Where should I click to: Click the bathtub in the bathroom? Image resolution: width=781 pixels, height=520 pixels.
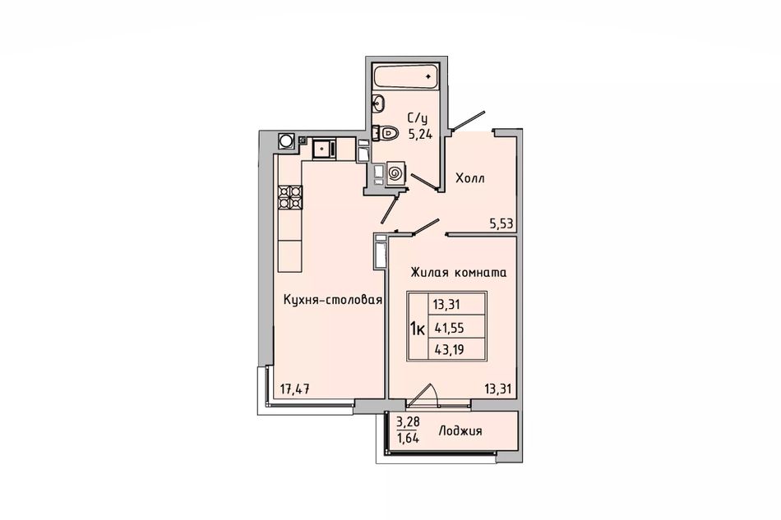tap(405, 76)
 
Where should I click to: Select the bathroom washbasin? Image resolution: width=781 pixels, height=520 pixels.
tap(377, 103)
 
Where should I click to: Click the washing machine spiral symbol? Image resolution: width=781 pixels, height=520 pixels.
tap(395, 173)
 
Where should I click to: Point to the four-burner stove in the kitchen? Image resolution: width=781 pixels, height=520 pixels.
tap(290, 196)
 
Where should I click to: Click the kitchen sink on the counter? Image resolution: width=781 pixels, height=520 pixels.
tap(324, 148)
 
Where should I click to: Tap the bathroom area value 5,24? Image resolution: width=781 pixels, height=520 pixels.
tap(420, 134)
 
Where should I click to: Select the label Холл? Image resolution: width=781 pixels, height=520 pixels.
tap(469, 178)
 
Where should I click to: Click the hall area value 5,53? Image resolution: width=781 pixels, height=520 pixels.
tap(501, 224)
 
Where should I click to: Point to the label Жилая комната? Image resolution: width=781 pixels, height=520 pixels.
tap(458, 273)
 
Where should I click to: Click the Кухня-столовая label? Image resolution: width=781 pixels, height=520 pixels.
tap(333, 300)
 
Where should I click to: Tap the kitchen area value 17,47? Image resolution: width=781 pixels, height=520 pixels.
tap(294, 389)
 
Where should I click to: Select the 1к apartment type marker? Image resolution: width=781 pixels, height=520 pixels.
tap(417, 329)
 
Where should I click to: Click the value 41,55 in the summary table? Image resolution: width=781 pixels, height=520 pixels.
tap(449, 328)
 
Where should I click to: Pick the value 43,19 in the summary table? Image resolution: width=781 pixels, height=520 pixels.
tap(449, 350)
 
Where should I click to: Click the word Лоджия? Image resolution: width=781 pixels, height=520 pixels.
tap(460, 431)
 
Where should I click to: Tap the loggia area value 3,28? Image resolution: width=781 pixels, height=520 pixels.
tap(408, 422)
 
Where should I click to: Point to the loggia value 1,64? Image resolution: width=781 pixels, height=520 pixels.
tap(408, 438)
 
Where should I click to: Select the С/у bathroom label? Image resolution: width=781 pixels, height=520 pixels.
tap(418, 118)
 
